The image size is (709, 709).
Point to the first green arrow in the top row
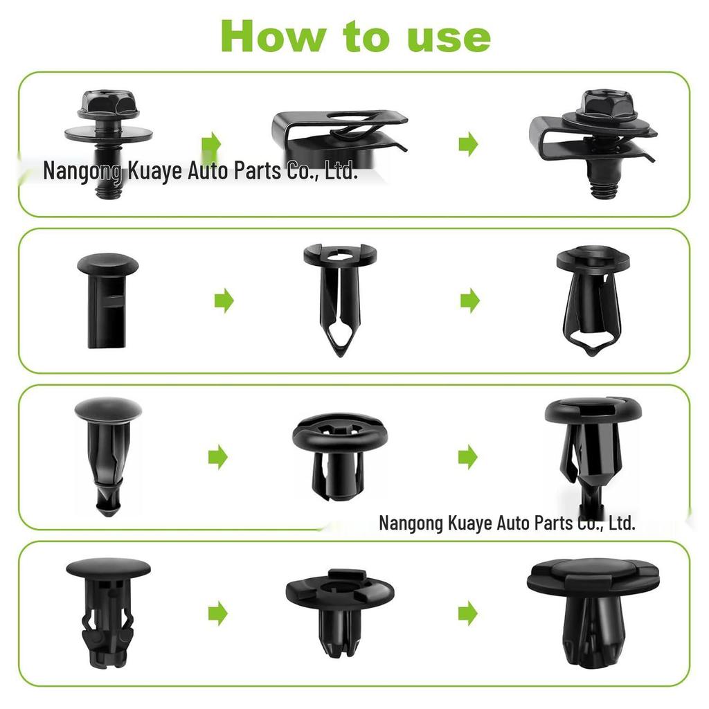pyautogui.click(x=211, y=144)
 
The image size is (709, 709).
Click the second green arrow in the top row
pyautogui.click(x=469, y=145)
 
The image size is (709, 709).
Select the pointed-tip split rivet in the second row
pyautogui.click(x=339, y=298)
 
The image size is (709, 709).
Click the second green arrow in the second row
pyautogui.click(x=470, y=300)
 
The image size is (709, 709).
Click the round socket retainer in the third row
pyautogui.click(x=339, y=454)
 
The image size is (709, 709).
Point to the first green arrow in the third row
pyautogui.click(x=218, y=456)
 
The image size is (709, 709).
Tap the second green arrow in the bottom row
pyautogui.click(x=469, y=613)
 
